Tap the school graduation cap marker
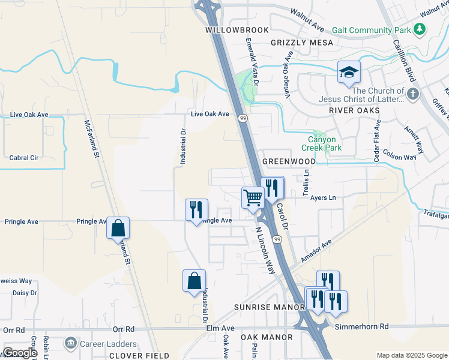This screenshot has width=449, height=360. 349,73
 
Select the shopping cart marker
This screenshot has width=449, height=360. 253,197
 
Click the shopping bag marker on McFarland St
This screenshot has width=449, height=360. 118,228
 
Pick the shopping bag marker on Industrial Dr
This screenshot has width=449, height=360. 194,281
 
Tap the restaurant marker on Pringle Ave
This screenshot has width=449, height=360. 196,210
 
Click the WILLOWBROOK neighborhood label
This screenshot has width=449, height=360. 231,29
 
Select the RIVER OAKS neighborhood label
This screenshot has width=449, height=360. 355,111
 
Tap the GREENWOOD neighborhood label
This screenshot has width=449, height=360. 289,161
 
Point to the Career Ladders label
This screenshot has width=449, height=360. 109,344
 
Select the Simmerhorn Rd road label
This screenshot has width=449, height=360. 361,326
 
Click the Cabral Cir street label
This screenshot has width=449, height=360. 24,158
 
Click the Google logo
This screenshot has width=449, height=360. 19,353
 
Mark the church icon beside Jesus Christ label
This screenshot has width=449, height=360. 412,94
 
